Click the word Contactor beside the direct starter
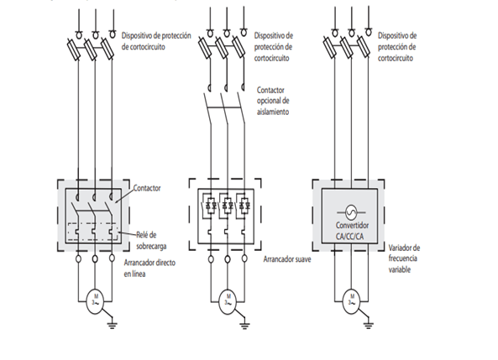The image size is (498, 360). pos(147,188)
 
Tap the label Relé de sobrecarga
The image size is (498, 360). pos(151,240)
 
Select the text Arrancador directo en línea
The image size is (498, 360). pos(149,269)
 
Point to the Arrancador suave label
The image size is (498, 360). pos(287,259)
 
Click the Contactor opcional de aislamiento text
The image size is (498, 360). pos(273,101)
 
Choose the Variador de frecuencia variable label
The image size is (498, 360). pos(404,258)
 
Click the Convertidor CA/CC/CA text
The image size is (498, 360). pos(352,231)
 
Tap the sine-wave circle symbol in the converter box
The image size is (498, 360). pos(351,212)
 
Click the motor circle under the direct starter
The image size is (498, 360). pos(95,301)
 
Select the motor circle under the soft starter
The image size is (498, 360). pos(228,301)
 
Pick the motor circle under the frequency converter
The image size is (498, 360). pos(351,301)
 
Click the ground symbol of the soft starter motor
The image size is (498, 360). pos(244,325)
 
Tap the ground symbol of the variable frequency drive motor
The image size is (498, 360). pos(368,325)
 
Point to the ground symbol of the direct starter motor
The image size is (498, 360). pos(112,325)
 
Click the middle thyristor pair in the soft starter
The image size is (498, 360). pos(227,205)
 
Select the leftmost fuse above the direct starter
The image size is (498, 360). pos(74,50)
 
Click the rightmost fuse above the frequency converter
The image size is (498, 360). pos(364,47)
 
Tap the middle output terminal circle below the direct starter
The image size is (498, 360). pos(95,259)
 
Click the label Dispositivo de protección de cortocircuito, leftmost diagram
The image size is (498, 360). pos(156,41)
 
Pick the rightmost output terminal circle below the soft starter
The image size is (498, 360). pos(244,258)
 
